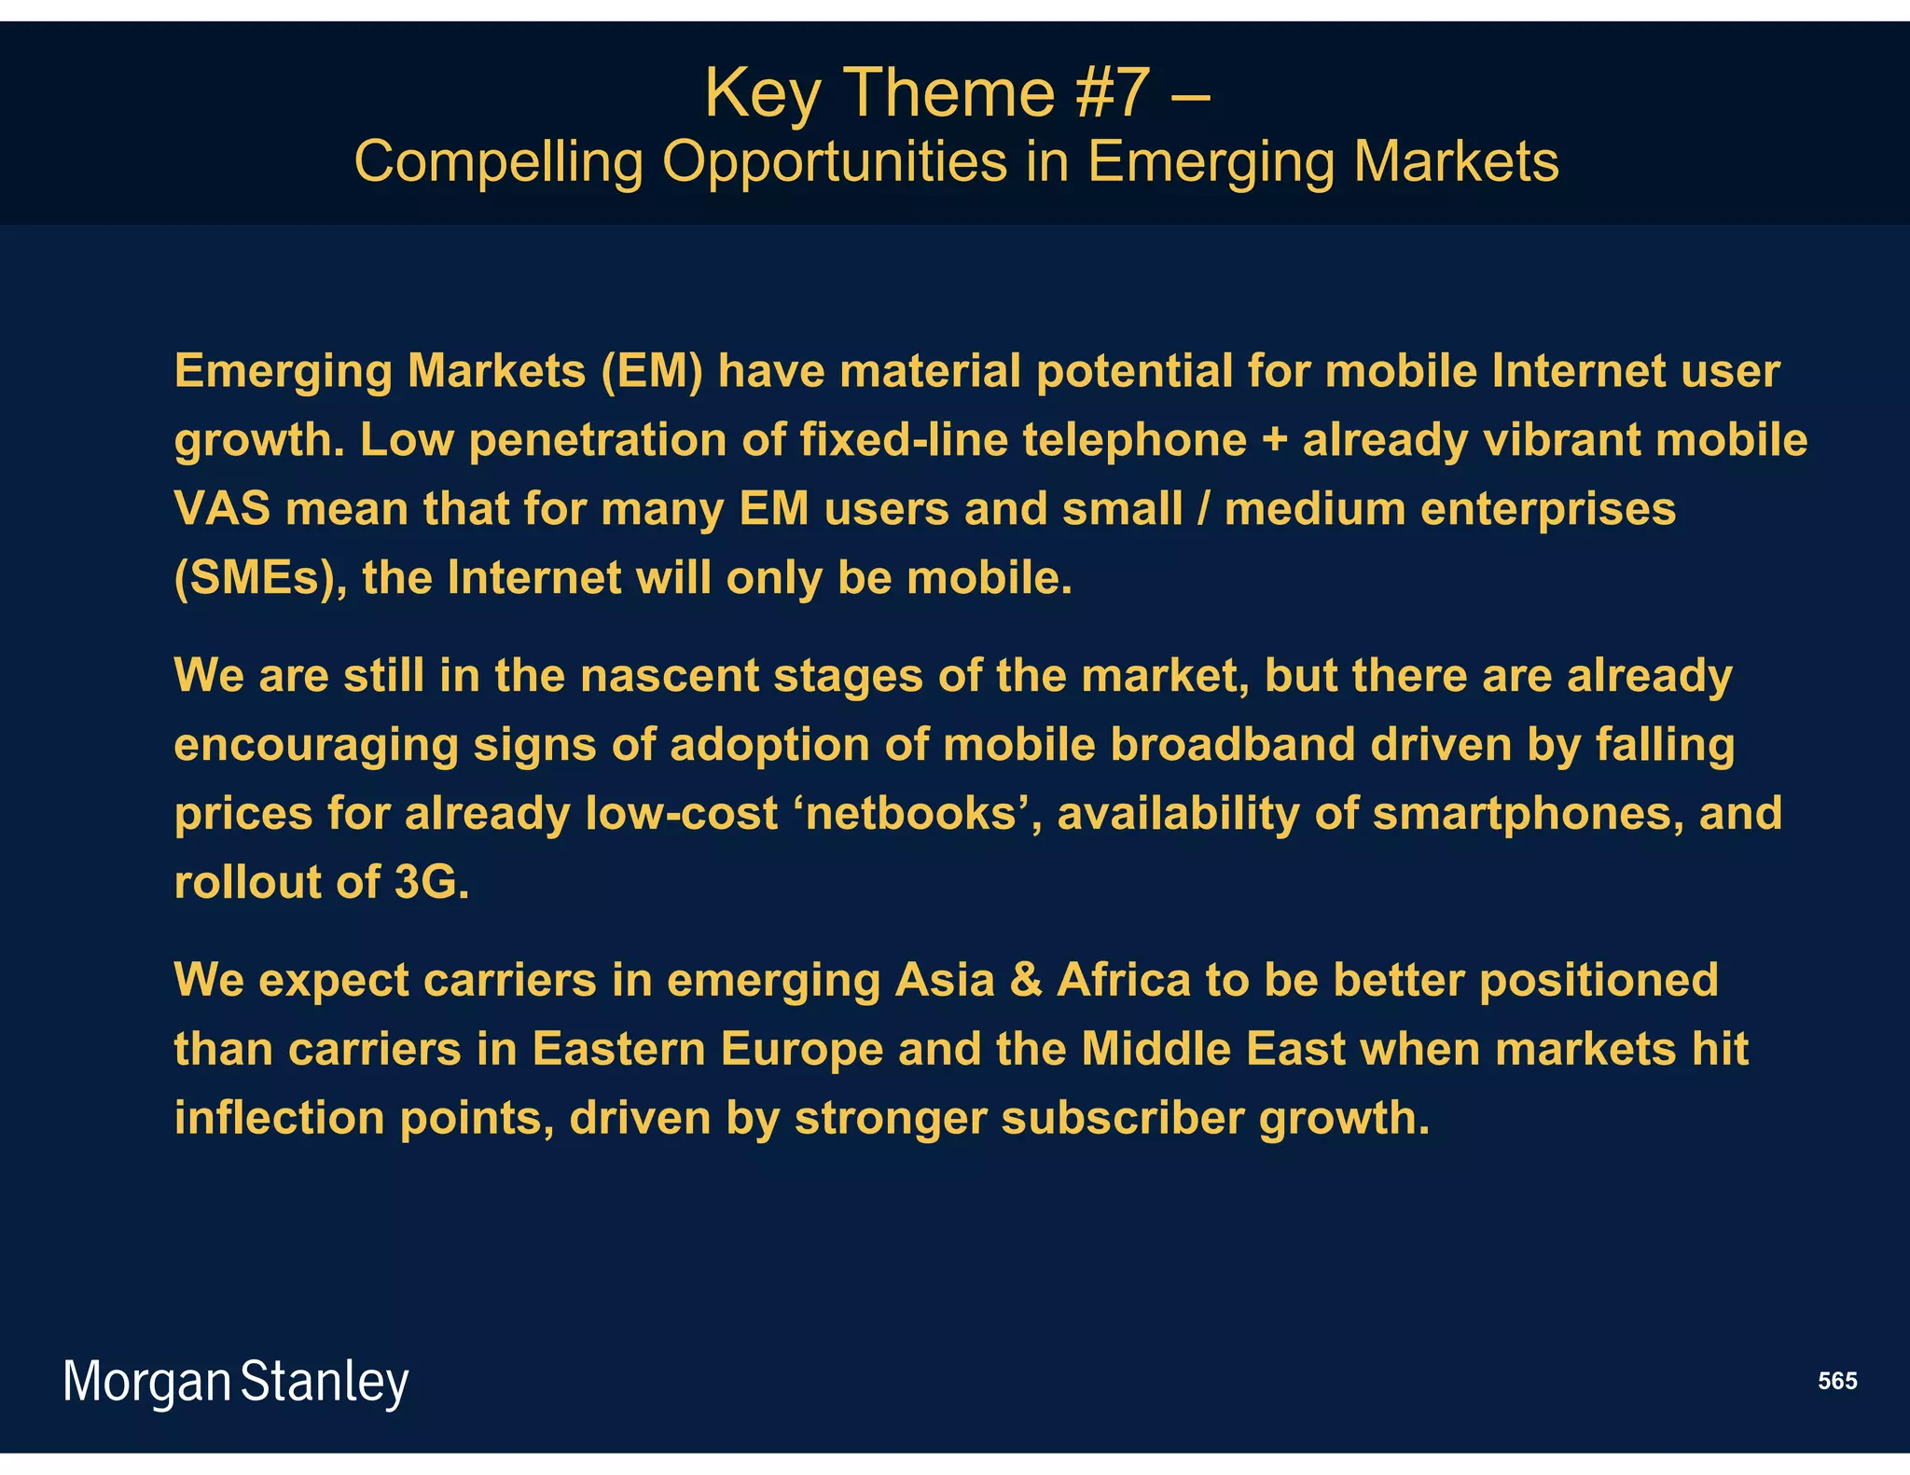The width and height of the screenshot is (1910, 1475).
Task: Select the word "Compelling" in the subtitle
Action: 498,162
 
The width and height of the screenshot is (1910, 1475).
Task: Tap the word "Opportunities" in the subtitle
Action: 836,162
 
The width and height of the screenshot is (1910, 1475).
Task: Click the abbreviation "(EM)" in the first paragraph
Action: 651,371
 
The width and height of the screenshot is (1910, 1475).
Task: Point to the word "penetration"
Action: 598,440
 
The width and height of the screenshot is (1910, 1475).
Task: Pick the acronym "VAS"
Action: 222,509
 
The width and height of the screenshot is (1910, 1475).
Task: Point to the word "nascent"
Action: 670,675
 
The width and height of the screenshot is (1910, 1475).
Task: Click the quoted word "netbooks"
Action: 910,813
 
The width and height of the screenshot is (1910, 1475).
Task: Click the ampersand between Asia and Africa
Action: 1025,980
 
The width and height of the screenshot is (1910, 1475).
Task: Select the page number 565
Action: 1837,1381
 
